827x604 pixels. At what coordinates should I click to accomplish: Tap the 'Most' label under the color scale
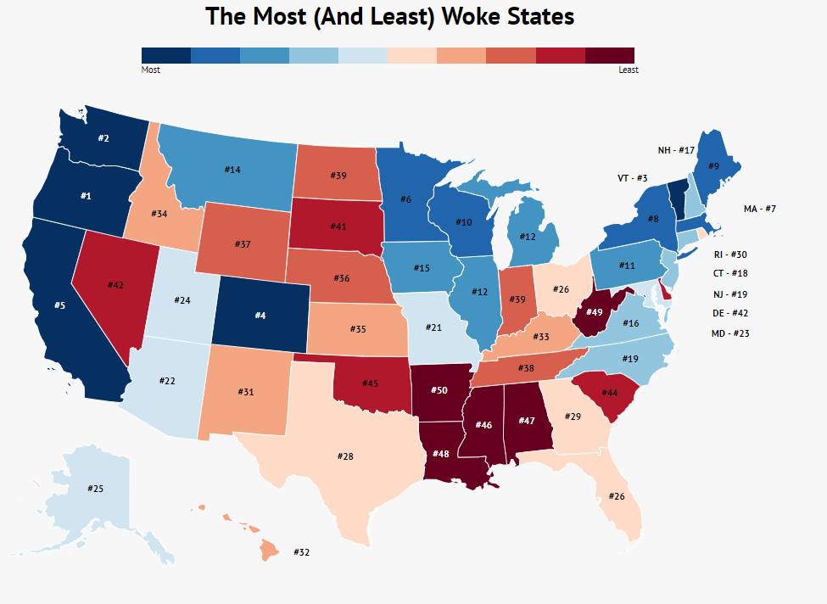(x=150, y=70)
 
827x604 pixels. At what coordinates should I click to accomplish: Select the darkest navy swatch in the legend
(x=166, y=55)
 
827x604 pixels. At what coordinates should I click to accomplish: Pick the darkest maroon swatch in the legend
(x=610, y=55)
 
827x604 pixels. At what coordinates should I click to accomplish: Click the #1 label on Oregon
(x=85, y=196)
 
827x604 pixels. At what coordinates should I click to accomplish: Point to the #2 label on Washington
(x=103, y=137)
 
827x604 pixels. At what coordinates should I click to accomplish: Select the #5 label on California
(x=60, y=305)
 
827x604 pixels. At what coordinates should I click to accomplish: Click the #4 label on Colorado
(x=261, y=316)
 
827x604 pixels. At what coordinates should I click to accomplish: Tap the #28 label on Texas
(x=345, y=456)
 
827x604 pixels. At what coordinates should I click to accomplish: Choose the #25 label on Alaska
(x=95, y=489)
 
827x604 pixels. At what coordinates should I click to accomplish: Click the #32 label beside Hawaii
(x=301, y=552)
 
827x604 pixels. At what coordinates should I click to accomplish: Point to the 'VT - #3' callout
(x=632, y=178)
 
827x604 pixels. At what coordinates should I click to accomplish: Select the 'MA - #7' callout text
(x=759, y=209)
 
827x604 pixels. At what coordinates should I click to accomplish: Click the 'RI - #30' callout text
(x=729, y=254)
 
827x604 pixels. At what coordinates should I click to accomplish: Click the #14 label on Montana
(x=232, y=170)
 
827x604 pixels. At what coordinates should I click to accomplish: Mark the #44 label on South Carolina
(x=609, y=393)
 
